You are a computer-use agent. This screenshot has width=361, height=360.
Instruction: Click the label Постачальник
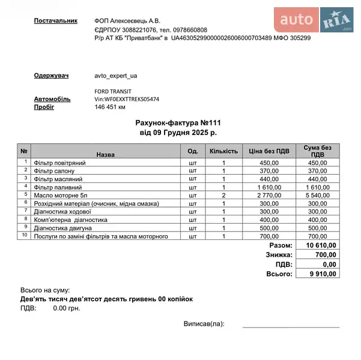56,20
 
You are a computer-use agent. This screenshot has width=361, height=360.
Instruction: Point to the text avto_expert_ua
116,76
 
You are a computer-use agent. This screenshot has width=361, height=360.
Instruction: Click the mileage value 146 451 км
110,107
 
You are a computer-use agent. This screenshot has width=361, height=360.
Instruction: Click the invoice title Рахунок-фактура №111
178,122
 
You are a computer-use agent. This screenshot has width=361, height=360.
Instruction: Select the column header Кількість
223,151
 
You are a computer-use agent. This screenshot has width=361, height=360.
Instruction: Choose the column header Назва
105,154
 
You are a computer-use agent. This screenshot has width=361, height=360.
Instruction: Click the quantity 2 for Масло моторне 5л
223,196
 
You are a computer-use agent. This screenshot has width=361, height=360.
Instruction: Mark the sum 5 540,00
318,196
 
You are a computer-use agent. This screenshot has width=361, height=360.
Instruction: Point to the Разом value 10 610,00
321,246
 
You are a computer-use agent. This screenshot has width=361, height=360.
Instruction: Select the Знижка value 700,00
325,255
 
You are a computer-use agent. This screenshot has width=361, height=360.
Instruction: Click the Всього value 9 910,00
323,274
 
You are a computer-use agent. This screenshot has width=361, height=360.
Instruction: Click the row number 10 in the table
25,235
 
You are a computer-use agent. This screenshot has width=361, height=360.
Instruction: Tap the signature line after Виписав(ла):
290,326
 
